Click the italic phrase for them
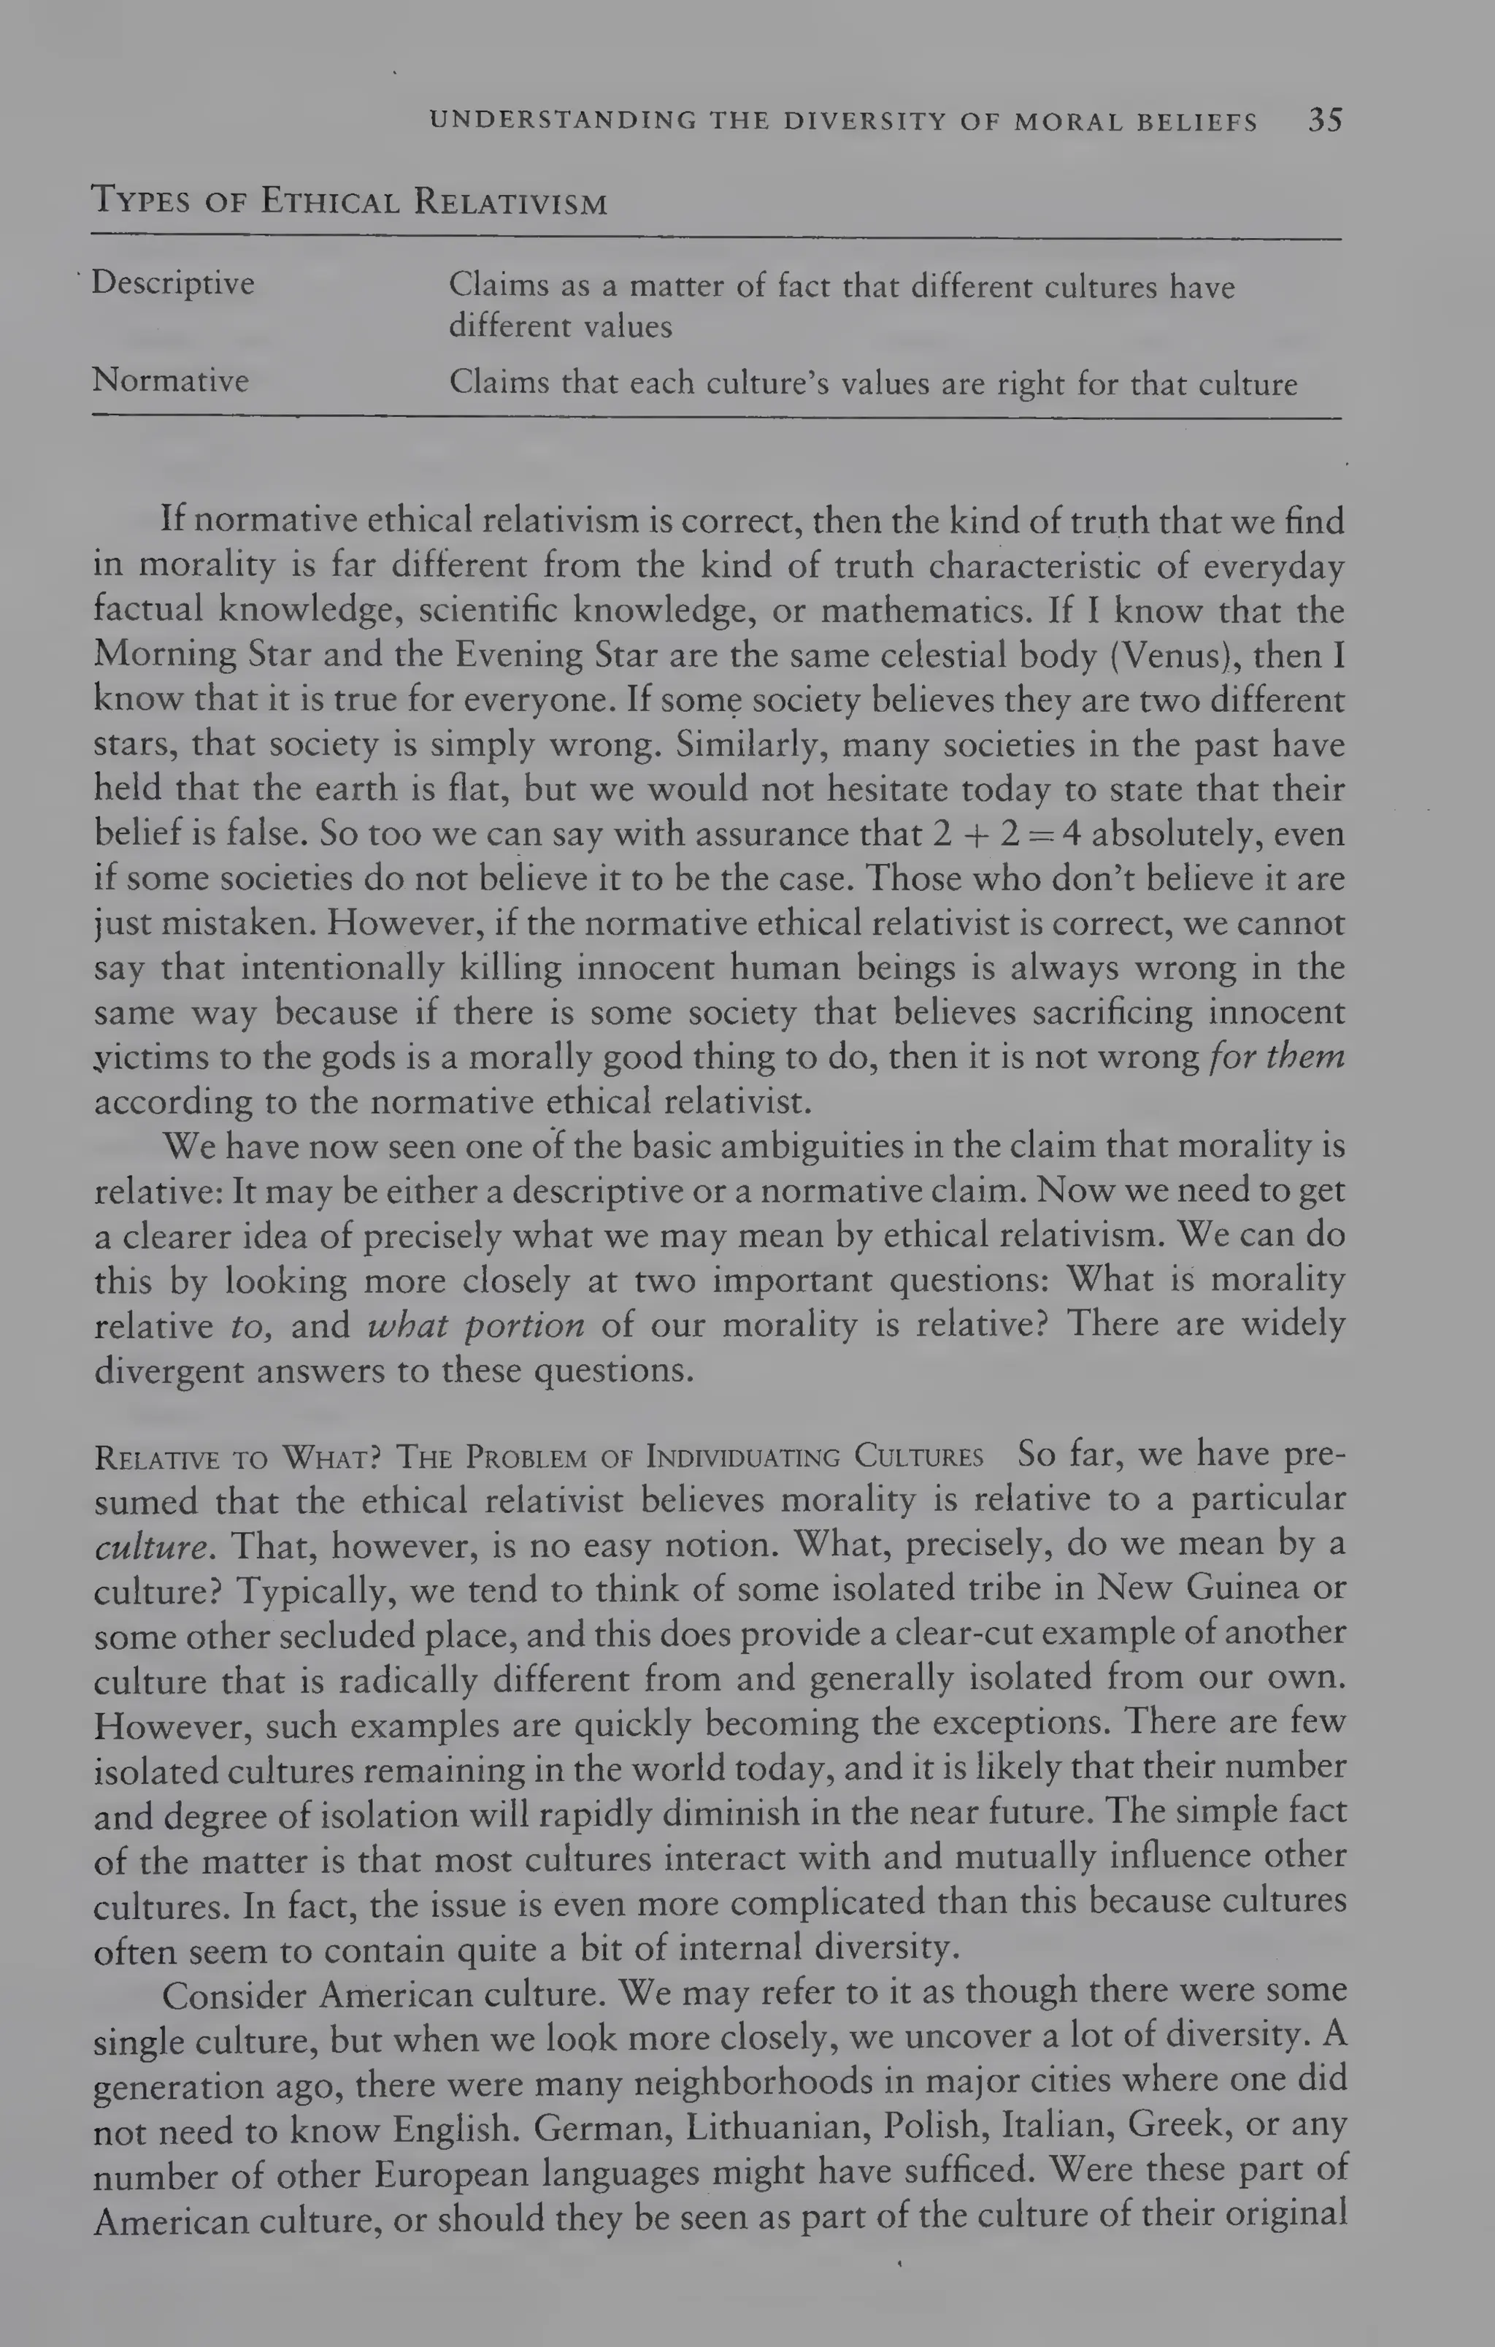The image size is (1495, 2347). (1277, 1057)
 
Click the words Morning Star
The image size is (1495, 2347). (166, 654)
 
